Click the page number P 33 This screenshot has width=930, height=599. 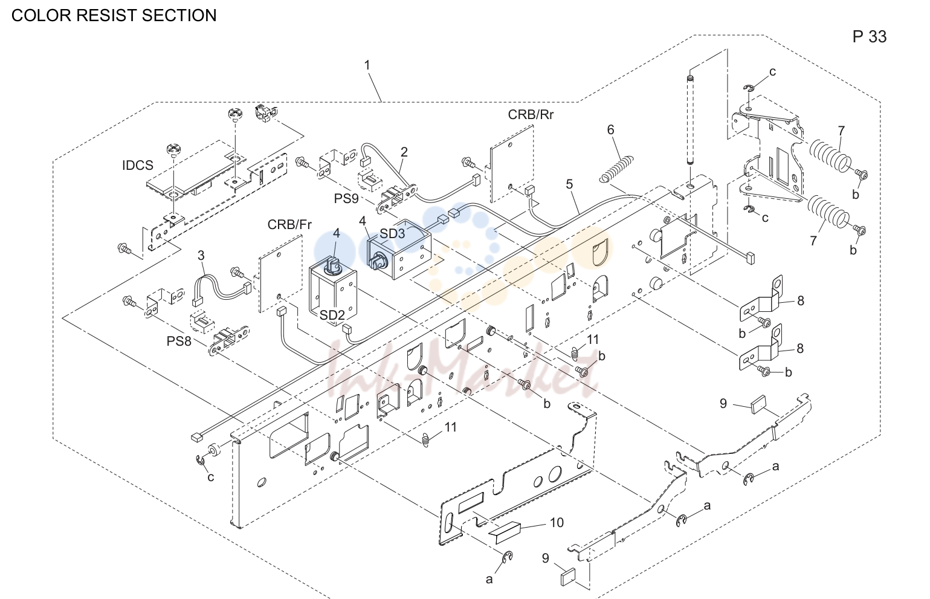(870, 36)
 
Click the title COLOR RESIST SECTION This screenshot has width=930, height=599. (114, 15)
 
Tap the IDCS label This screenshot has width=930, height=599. (137, 166)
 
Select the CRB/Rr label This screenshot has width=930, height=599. (531, 114)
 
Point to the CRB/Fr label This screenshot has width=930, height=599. (289, 224)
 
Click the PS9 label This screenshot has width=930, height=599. (346, 199)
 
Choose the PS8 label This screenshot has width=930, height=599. (179, 341)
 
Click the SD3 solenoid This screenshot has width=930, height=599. (399, 249)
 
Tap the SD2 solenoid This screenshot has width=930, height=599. (333, 291)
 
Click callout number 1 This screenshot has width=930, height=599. (367, 65)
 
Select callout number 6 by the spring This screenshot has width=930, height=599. (610, 129)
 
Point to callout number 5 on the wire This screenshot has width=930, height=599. (569, 184)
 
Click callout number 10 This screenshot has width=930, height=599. (557, 523)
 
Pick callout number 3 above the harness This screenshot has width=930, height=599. (201, 256)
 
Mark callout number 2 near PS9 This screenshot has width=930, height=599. (404, 152)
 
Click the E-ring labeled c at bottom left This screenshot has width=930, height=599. (201, 460)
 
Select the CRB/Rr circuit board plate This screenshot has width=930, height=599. (512, 164)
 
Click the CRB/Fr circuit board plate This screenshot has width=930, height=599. (280, 274)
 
